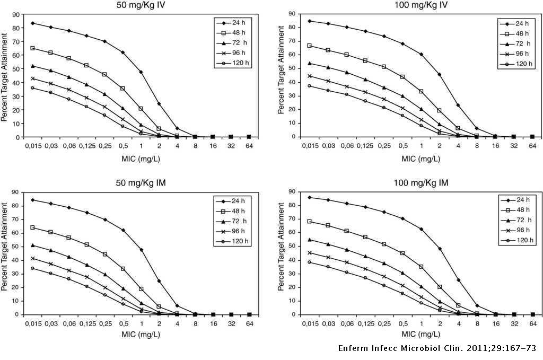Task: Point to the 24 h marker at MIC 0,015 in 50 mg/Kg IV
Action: click(33, 23)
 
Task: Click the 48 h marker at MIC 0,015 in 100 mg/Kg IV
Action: click(310, 46)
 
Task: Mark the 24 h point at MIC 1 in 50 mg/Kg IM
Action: click(141, 250)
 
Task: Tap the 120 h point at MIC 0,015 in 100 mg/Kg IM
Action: click(310, 262)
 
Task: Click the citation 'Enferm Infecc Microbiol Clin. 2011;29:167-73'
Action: click(437, 348)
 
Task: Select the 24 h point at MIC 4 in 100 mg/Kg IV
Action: click(458, 105)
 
